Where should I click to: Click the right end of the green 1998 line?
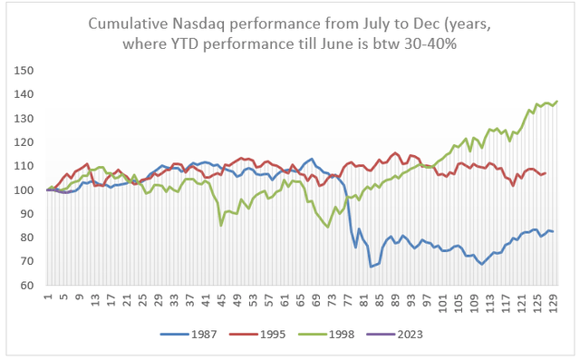(x=556, y=101)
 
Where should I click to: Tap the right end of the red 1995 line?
(x=546, y=172)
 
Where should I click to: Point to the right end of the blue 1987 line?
(x=554, y=231)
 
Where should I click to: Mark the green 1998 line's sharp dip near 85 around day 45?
(x=222, y=226)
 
